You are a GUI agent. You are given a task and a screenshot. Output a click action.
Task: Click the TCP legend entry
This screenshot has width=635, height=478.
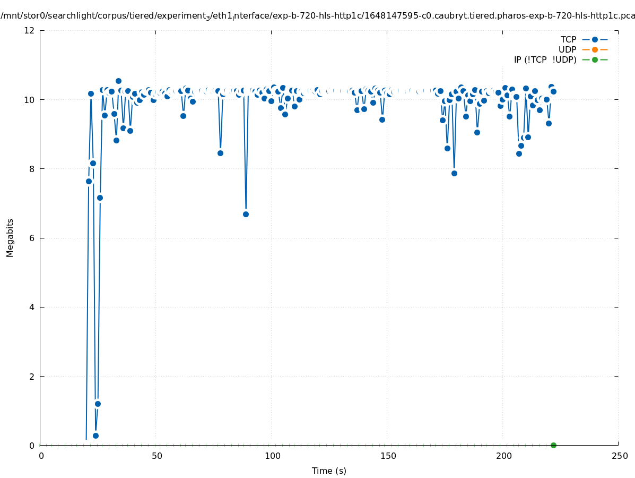pos(568,39)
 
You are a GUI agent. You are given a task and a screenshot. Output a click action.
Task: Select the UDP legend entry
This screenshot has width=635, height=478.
pos(567,49)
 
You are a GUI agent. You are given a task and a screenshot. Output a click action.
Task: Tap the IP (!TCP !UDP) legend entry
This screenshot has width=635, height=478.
pos(545,59)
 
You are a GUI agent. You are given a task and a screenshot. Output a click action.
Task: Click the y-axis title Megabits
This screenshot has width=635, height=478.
pos(10,237)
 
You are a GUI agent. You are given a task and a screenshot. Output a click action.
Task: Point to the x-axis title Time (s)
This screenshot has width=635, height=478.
pos(329,471)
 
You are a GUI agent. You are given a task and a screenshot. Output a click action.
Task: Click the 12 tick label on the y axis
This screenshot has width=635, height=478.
pos(30,30)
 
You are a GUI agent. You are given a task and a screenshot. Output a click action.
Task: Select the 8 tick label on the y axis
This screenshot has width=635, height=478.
pos(32,169)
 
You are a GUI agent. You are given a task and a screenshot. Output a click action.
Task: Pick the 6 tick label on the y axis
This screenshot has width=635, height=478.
pos(32,238)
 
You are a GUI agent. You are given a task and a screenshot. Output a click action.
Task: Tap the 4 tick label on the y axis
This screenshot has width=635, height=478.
pos(32,307)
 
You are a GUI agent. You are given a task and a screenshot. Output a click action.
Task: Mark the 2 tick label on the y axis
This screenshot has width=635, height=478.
pos(32,376)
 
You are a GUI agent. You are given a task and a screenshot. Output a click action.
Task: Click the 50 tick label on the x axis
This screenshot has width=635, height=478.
pos(156,456)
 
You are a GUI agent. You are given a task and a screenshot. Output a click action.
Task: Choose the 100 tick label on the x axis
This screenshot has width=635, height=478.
pos(272,456)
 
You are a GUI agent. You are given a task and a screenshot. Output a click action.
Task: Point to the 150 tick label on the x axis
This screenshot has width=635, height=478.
pos(388,456)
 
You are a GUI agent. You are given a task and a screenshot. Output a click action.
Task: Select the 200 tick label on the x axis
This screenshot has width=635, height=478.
pos(503,456)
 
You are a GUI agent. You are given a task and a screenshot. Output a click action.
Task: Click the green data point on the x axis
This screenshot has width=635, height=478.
pos(553,445)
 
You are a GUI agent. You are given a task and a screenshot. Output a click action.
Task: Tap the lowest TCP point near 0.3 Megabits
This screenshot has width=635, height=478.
pos(95,436)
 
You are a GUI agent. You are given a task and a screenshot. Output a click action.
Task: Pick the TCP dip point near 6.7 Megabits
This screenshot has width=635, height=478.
pos(246,214)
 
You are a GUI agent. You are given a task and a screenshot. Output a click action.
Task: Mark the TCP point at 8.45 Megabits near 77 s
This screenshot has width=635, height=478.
pos(220,153)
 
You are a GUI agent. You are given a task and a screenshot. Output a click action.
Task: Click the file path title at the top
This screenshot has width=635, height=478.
pos(317,16)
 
